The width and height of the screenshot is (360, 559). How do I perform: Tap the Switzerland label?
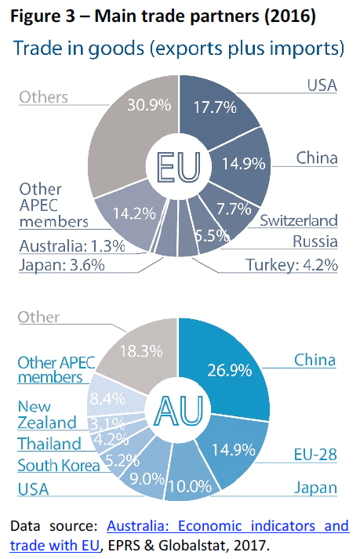tap(299, 220)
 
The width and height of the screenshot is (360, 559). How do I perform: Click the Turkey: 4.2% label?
tap(290, 265)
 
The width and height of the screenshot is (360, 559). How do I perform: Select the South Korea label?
tap(59, 466)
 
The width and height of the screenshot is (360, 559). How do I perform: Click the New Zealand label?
tap(47, 415)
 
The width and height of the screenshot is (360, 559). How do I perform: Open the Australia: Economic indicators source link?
tap(227, 526)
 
